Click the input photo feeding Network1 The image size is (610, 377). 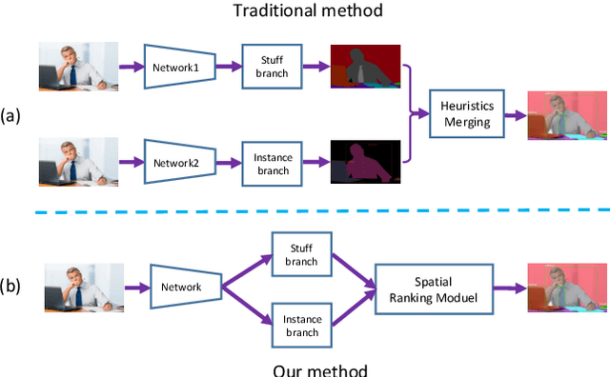tap(79, 67)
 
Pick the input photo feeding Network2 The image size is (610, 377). tap(79, 161)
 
